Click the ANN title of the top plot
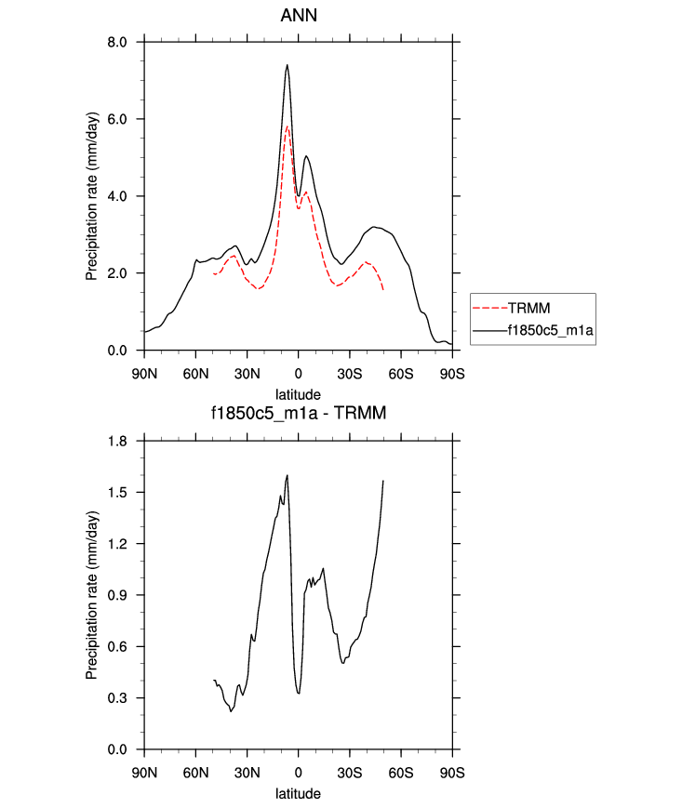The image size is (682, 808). [298, 16]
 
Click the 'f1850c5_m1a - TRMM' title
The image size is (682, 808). [298, 413]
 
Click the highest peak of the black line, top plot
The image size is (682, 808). [288, 65]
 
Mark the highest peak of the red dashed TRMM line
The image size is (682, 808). [288, 126]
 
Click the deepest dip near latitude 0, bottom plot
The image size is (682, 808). [299, 693]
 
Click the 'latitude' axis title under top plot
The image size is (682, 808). [298, 393]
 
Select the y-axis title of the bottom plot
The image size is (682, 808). [91, 595]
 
